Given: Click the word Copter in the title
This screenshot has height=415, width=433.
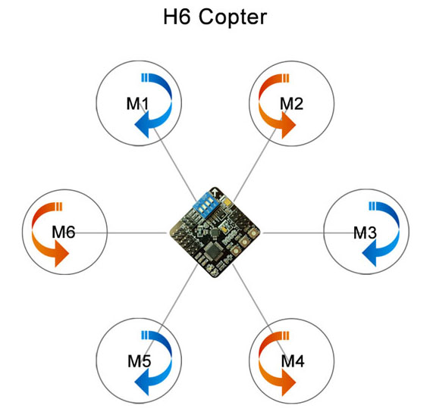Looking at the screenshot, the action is point(233,17).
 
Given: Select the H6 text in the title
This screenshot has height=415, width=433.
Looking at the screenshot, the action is point(177,17).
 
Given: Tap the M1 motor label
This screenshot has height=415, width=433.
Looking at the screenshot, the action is point(137,104).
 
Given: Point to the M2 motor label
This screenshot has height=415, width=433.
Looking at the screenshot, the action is point(291,104).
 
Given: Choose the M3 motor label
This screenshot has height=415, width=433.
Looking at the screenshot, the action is point(365,232).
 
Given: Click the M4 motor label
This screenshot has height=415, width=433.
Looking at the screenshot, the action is point(293,361).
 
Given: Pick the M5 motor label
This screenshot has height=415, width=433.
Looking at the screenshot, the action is point(140,361).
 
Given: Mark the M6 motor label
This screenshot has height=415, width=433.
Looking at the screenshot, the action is point(64,232).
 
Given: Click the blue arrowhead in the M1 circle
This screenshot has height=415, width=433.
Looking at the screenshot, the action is point(142,125).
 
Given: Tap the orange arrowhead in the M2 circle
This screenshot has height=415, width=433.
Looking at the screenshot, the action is point(289,125).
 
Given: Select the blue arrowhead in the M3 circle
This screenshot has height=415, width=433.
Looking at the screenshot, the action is point(369,253).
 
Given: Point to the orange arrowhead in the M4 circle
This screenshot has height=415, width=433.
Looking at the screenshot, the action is point(289,382).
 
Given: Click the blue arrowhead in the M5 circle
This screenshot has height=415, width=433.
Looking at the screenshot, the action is point(142,382).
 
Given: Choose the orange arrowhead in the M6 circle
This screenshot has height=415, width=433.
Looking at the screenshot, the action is point(61,254).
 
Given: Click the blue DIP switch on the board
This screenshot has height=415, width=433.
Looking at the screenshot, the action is point(206,205).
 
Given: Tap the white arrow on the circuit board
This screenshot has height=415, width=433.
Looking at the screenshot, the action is point(215,192).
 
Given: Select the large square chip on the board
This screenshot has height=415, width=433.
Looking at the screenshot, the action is point(212,251).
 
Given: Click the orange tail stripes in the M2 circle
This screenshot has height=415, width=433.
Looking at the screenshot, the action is point(286,78).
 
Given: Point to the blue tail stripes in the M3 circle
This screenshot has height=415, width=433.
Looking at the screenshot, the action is point(372,206).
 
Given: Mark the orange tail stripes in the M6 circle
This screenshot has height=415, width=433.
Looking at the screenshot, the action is point(59,207).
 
